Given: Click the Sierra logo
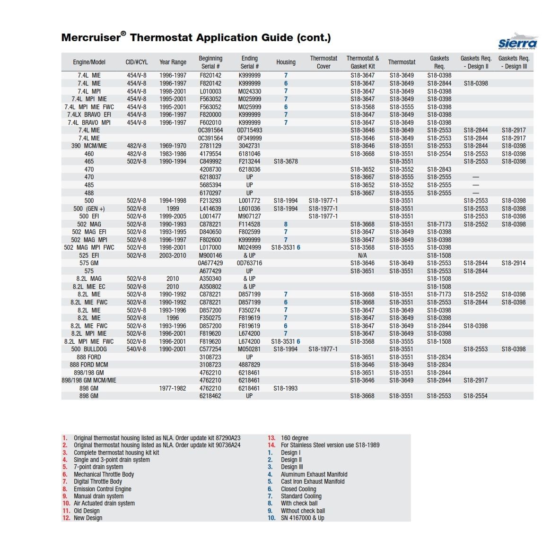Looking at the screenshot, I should (x=517, y=42).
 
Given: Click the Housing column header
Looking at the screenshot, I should (x=286, y=62).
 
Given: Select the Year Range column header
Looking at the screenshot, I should (x=173, y=62).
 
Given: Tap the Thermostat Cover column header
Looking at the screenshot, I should (x=323, y=62).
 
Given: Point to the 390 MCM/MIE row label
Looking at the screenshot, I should (x=89, y=146).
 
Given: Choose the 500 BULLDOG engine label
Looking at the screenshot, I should (x=89, y=349).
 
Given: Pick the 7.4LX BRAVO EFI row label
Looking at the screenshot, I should (x=89, y=115).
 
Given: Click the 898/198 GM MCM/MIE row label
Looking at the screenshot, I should (x=89, y=381).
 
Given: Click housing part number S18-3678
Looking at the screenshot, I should (x=286, y=162).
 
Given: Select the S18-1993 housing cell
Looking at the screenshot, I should (x=286, y=388).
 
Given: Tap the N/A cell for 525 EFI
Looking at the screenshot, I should (x=362, y=255).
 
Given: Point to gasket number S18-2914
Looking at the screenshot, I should (x=514, y=263).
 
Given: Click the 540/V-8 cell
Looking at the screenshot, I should (x=137, y=349).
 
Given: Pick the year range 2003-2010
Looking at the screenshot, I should (x=173, y=255).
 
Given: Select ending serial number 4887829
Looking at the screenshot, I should (x=249, y=365).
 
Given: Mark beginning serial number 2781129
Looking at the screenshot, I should (x=210, y=146).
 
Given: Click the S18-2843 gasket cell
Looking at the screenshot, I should (x=439, y=169).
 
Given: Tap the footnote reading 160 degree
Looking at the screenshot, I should (x=294, y=438).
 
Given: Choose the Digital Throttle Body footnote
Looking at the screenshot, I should (x=97, y=481).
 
